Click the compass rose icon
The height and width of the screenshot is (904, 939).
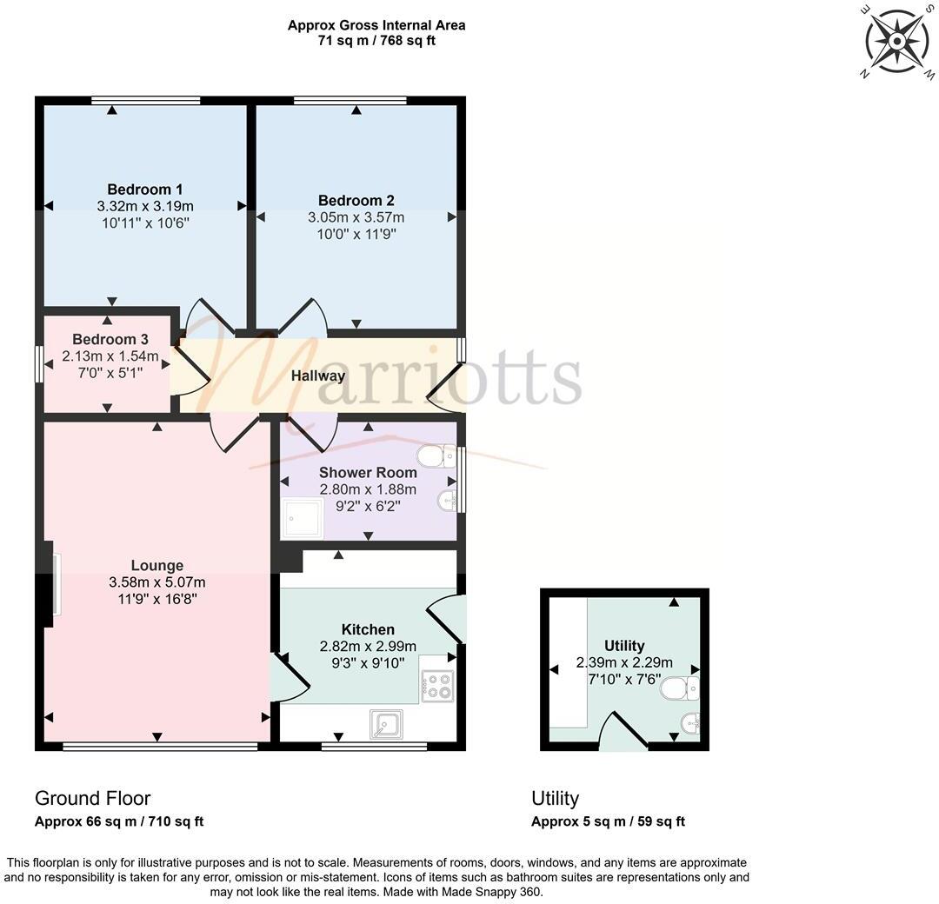point(896,40)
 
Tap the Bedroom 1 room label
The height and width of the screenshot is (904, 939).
point(145,189)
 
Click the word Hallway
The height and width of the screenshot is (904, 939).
point(318,376)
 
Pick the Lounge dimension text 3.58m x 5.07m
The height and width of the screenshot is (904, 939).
point(157,582)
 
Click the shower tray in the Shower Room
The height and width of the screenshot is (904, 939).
point(302,518)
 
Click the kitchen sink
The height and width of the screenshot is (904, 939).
point(385,723)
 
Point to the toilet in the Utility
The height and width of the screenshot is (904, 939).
point(680,689)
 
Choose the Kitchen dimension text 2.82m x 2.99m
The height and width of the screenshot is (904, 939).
point(368,646)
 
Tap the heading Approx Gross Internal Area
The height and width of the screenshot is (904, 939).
point(376,25)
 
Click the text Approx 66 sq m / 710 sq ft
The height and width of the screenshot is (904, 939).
point(119,821)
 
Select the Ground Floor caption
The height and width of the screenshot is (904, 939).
point(93,798)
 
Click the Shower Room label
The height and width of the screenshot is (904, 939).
point(368,473)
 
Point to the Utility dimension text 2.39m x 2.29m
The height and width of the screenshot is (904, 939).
point(624,662)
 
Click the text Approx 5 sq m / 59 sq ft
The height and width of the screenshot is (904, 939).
point(609,821)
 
